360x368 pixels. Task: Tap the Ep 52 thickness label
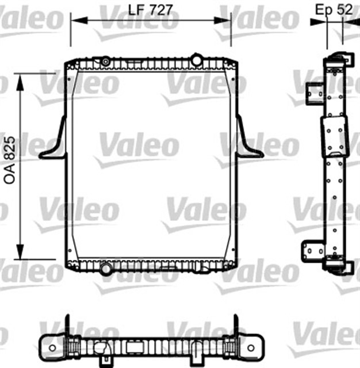tap(334, 9)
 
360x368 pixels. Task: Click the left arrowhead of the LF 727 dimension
tap(74, 21)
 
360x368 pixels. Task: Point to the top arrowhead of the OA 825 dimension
tap(21, 78)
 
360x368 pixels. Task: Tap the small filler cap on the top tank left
tap(106, 60)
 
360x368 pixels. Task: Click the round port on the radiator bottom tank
tap(106, 268)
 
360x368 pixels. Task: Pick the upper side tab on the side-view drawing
tap(313, 91)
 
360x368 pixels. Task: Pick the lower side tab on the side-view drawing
tap(313, 251)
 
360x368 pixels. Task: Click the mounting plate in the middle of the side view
tap(335, 137)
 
